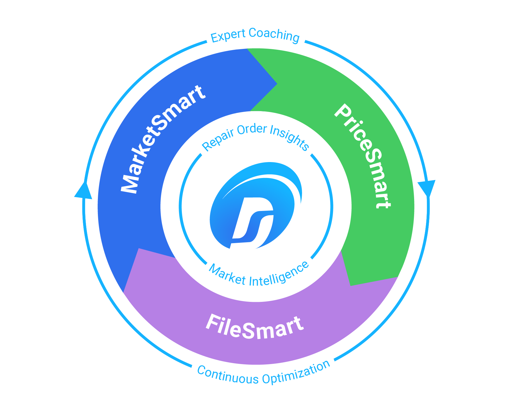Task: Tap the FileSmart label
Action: pyautogui.click(x=255, y=327)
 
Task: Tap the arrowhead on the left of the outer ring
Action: pyautogui.click(x=83, y=191)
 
